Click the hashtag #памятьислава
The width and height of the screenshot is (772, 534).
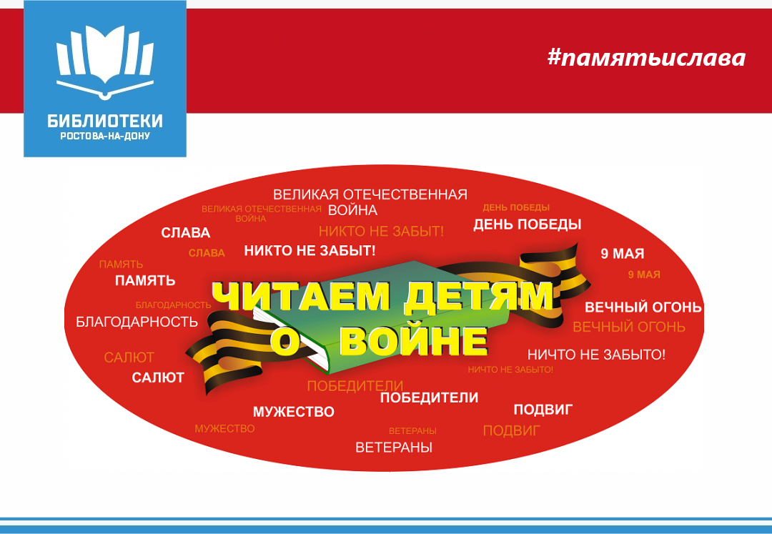point(646,58)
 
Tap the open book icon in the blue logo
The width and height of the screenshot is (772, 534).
point(105,62)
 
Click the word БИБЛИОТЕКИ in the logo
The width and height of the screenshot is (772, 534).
point(105,121)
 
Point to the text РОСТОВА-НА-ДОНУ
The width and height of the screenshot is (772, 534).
point(105,137)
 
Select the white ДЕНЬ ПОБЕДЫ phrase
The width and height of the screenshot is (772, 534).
point(528,225)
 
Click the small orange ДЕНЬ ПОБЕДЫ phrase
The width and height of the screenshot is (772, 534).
point(516,208)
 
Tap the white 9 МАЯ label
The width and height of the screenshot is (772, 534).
point(623,254)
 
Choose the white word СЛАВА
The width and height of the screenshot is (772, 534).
point(186,233)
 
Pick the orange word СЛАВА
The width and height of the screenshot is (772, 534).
point(207,254)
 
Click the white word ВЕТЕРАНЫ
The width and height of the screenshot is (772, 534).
point(394,448)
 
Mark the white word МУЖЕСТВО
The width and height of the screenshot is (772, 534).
point(294,412)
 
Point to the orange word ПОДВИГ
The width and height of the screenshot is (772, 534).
point(512,431)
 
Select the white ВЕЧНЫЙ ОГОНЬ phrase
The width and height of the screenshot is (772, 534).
point(643,307)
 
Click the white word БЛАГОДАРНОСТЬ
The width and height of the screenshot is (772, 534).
point(137,322)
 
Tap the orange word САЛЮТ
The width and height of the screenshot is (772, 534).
point(129,357)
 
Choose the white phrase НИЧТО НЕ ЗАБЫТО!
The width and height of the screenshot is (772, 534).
point(596,355)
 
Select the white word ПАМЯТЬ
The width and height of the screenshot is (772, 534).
point(145,280)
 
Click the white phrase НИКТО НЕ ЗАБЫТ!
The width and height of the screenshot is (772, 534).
point(310,251)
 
